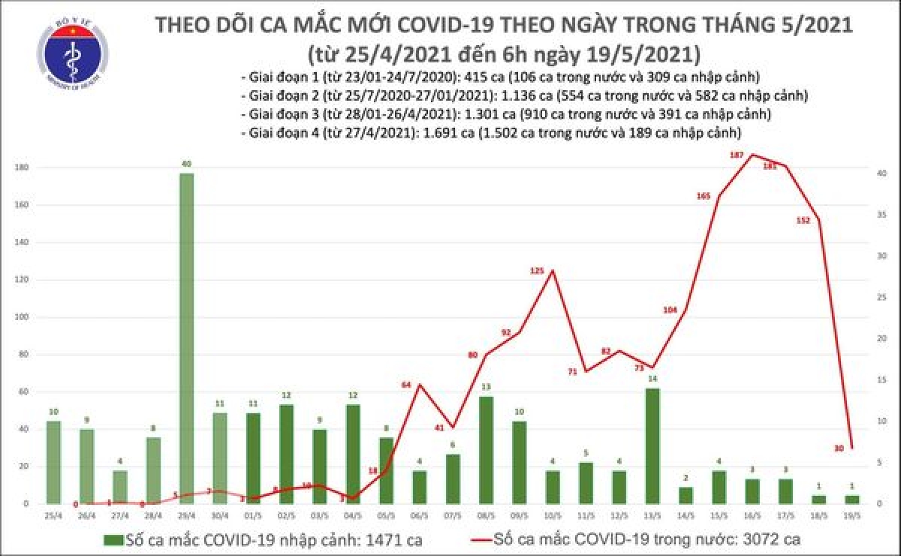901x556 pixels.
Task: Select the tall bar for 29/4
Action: pyautogui.click(x=186, y=338)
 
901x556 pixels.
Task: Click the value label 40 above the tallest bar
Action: pyautogui.click(x=186, y=163)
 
